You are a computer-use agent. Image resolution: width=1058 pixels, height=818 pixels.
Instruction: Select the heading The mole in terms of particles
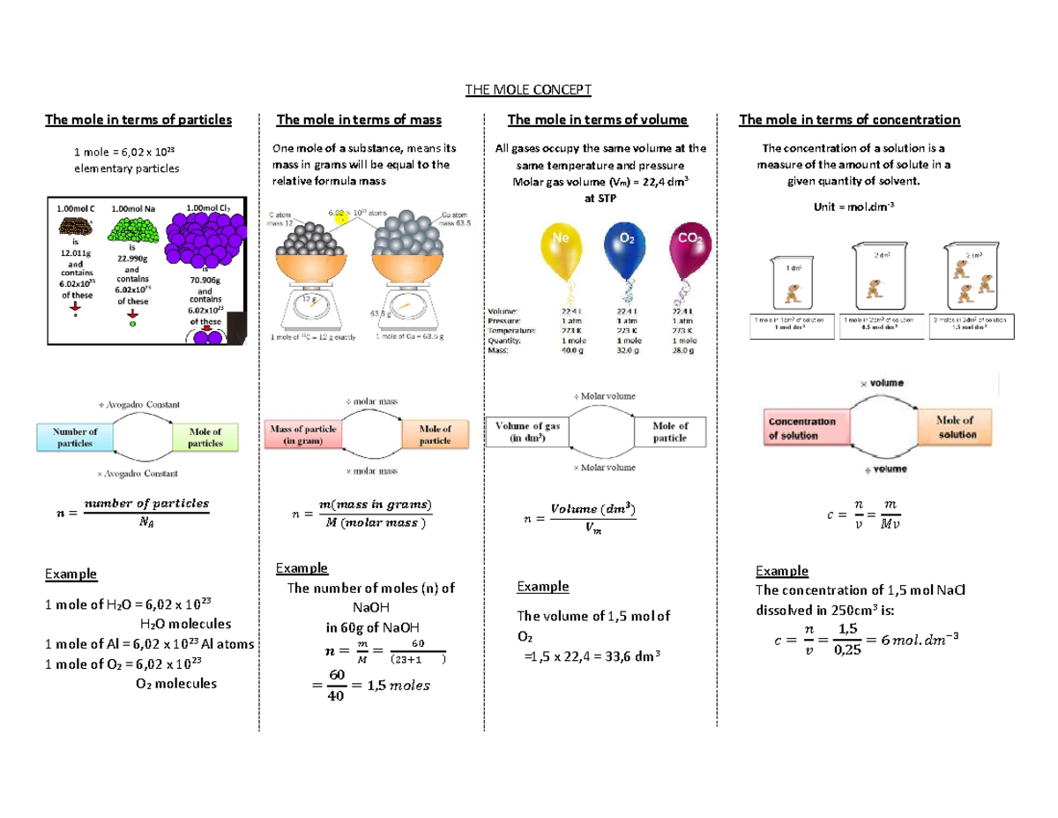[x=138, y=120]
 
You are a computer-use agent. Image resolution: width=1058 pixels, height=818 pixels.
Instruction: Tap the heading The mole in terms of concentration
[x=849, y=120]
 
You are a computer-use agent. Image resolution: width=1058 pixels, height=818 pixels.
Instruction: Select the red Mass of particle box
[x=303, y=434]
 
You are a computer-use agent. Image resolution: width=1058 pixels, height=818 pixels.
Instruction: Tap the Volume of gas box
[x=527, y=432]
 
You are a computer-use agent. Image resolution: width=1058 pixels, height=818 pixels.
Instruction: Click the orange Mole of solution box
[x=957, y=428]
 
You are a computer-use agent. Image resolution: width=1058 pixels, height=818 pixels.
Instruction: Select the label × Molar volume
[x=604, y=467]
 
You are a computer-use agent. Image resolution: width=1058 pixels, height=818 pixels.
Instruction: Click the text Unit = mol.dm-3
[x=850, y=206]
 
